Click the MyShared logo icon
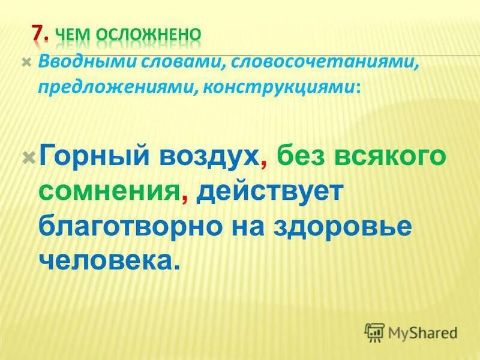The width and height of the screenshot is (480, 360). coord(375,331)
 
